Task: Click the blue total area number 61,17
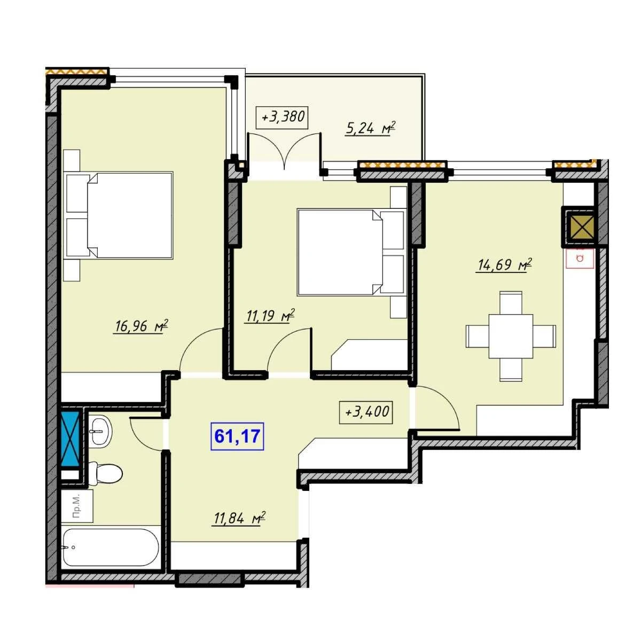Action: pos(237,436)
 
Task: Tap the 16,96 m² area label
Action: pos(140,326)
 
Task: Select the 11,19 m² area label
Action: pos(269,316)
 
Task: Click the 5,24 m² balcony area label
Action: pos(370,129)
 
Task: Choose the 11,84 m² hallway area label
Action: pos(238,519)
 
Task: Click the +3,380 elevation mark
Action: pos(282,117)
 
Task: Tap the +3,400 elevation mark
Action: pos(366,412)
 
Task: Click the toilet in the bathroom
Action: pos(106,473)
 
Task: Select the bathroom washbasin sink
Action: pos(101,431)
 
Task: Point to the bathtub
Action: pos(111,548)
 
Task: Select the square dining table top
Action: pos(511,337)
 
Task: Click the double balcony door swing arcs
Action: pos(285,150)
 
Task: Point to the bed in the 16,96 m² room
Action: pos(120,215)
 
